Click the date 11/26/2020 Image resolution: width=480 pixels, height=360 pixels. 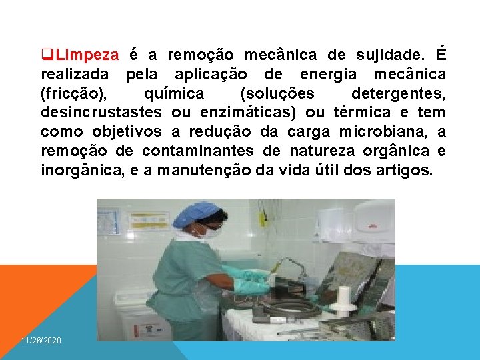[41, 341]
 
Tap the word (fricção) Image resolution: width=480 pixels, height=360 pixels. [71, 93]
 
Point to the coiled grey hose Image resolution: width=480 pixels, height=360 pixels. [293, 307]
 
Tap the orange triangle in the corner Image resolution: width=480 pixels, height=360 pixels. [33, 293]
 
